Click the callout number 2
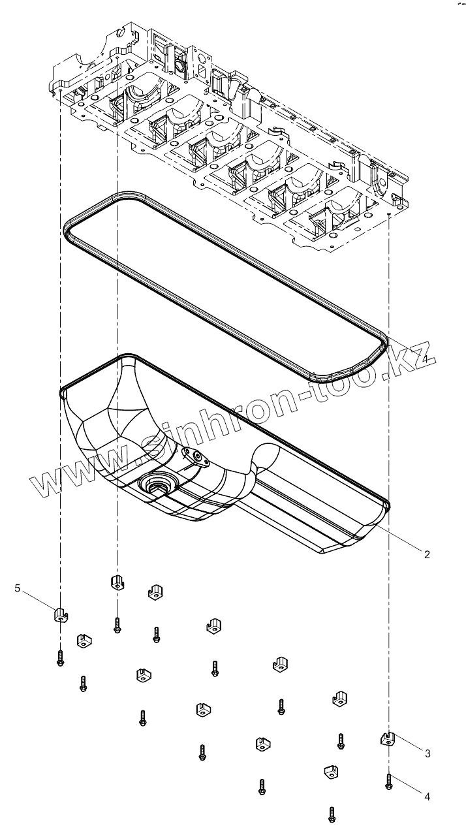(427, 554)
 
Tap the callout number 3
(427, 753)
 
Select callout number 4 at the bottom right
(427, 797)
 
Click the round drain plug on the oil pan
(157, 484)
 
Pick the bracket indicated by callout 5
(61, 614)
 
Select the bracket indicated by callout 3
(388, 739)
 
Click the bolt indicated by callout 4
(388, 782)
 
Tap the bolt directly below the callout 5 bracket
(60, 657)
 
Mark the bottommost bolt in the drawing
(332, 813)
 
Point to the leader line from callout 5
(39, 601)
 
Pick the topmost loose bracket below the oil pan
(116, 581)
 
